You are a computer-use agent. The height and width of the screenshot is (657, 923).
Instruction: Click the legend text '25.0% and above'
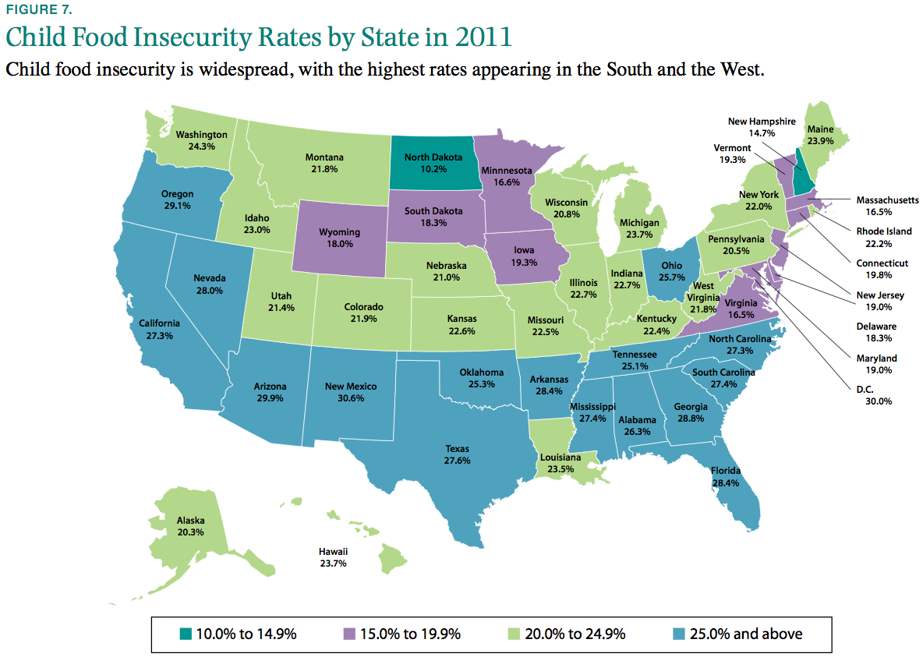click(x=745, y=634)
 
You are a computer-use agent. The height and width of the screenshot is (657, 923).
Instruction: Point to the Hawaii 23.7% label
click(x=333, y=556)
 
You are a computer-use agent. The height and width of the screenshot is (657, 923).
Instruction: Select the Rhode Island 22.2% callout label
click(x=882, y=238)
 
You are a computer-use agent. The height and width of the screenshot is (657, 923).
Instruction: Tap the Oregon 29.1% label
click(x=177, y=200)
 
